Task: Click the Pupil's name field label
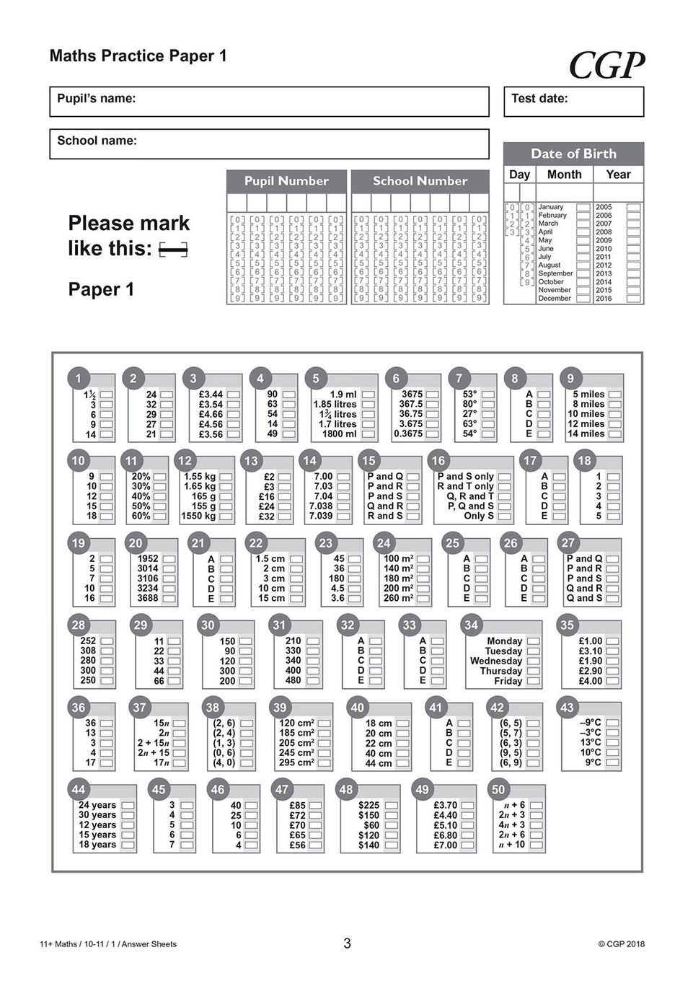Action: coord(97,99)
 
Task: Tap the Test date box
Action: coord(573,102)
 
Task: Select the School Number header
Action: coord(420,181)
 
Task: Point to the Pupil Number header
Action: coord(286,181)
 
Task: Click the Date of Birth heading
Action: coord(573,154)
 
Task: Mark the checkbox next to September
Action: coord(583,273)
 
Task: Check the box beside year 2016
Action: coord(633,298)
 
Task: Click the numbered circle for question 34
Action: coord(471,625)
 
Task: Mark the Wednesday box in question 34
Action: coord(533,661)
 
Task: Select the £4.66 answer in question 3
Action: coord(233,414)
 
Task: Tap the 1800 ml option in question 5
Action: coord(368,434)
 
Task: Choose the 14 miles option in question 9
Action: coord(615,434)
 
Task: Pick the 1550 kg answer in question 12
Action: coord(226,516)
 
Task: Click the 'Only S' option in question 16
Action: coord(504,516)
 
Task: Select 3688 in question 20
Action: coord(169,599)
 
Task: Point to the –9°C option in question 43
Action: coord(612,723)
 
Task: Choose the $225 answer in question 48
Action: coord(392,805)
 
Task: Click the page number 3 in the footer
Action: coord(347,943)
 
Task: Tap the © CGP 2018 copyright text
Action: coord(621,943)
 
